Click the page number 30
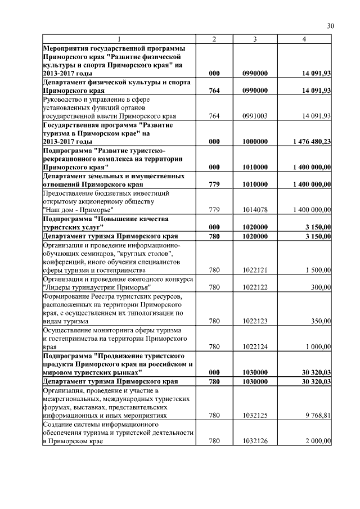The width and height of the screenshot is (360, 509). point(330,26)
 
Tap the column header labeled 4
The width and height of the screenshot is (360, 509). point(304,39)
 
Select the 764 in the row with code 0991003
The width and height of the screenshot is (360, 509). point(214,115)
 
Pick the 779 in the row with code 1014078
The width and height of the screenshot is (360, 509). point(214,210)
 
